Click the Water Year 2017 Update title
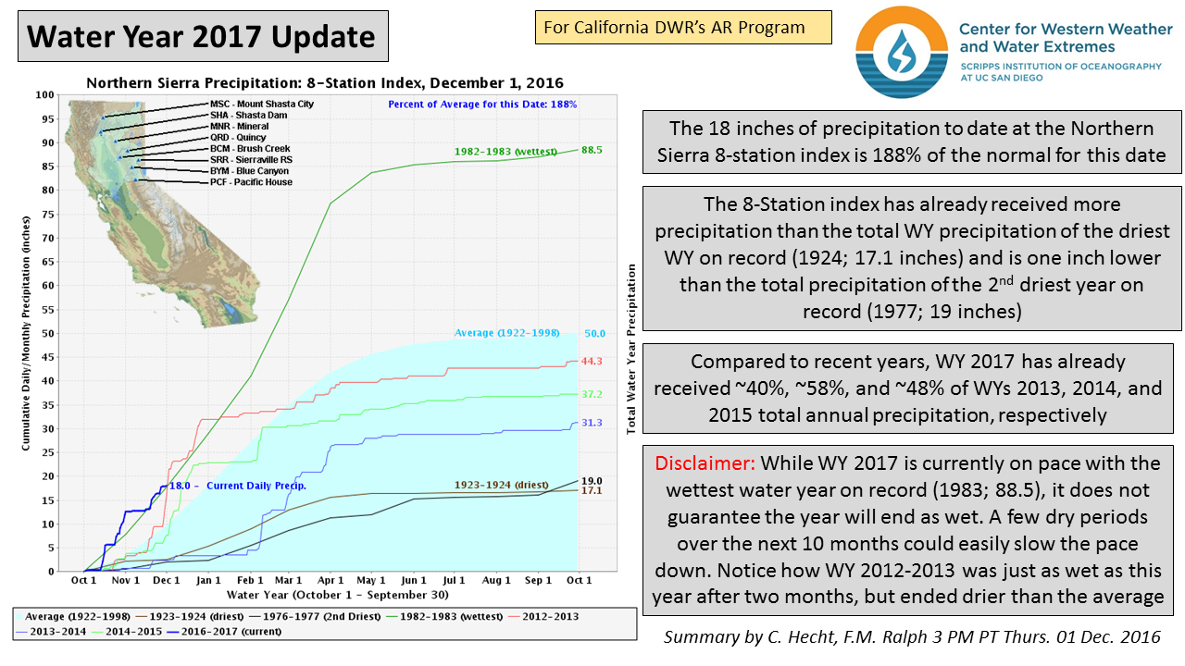click(x=202, y=37)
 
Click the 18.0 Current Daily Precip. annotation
click(x=237, y=486)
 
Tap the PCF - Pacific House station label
click(x=251, y=182)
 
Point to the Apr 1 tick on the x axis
click(x=331, y=580)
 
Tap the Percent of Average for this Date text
click(x=482, y=105)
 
